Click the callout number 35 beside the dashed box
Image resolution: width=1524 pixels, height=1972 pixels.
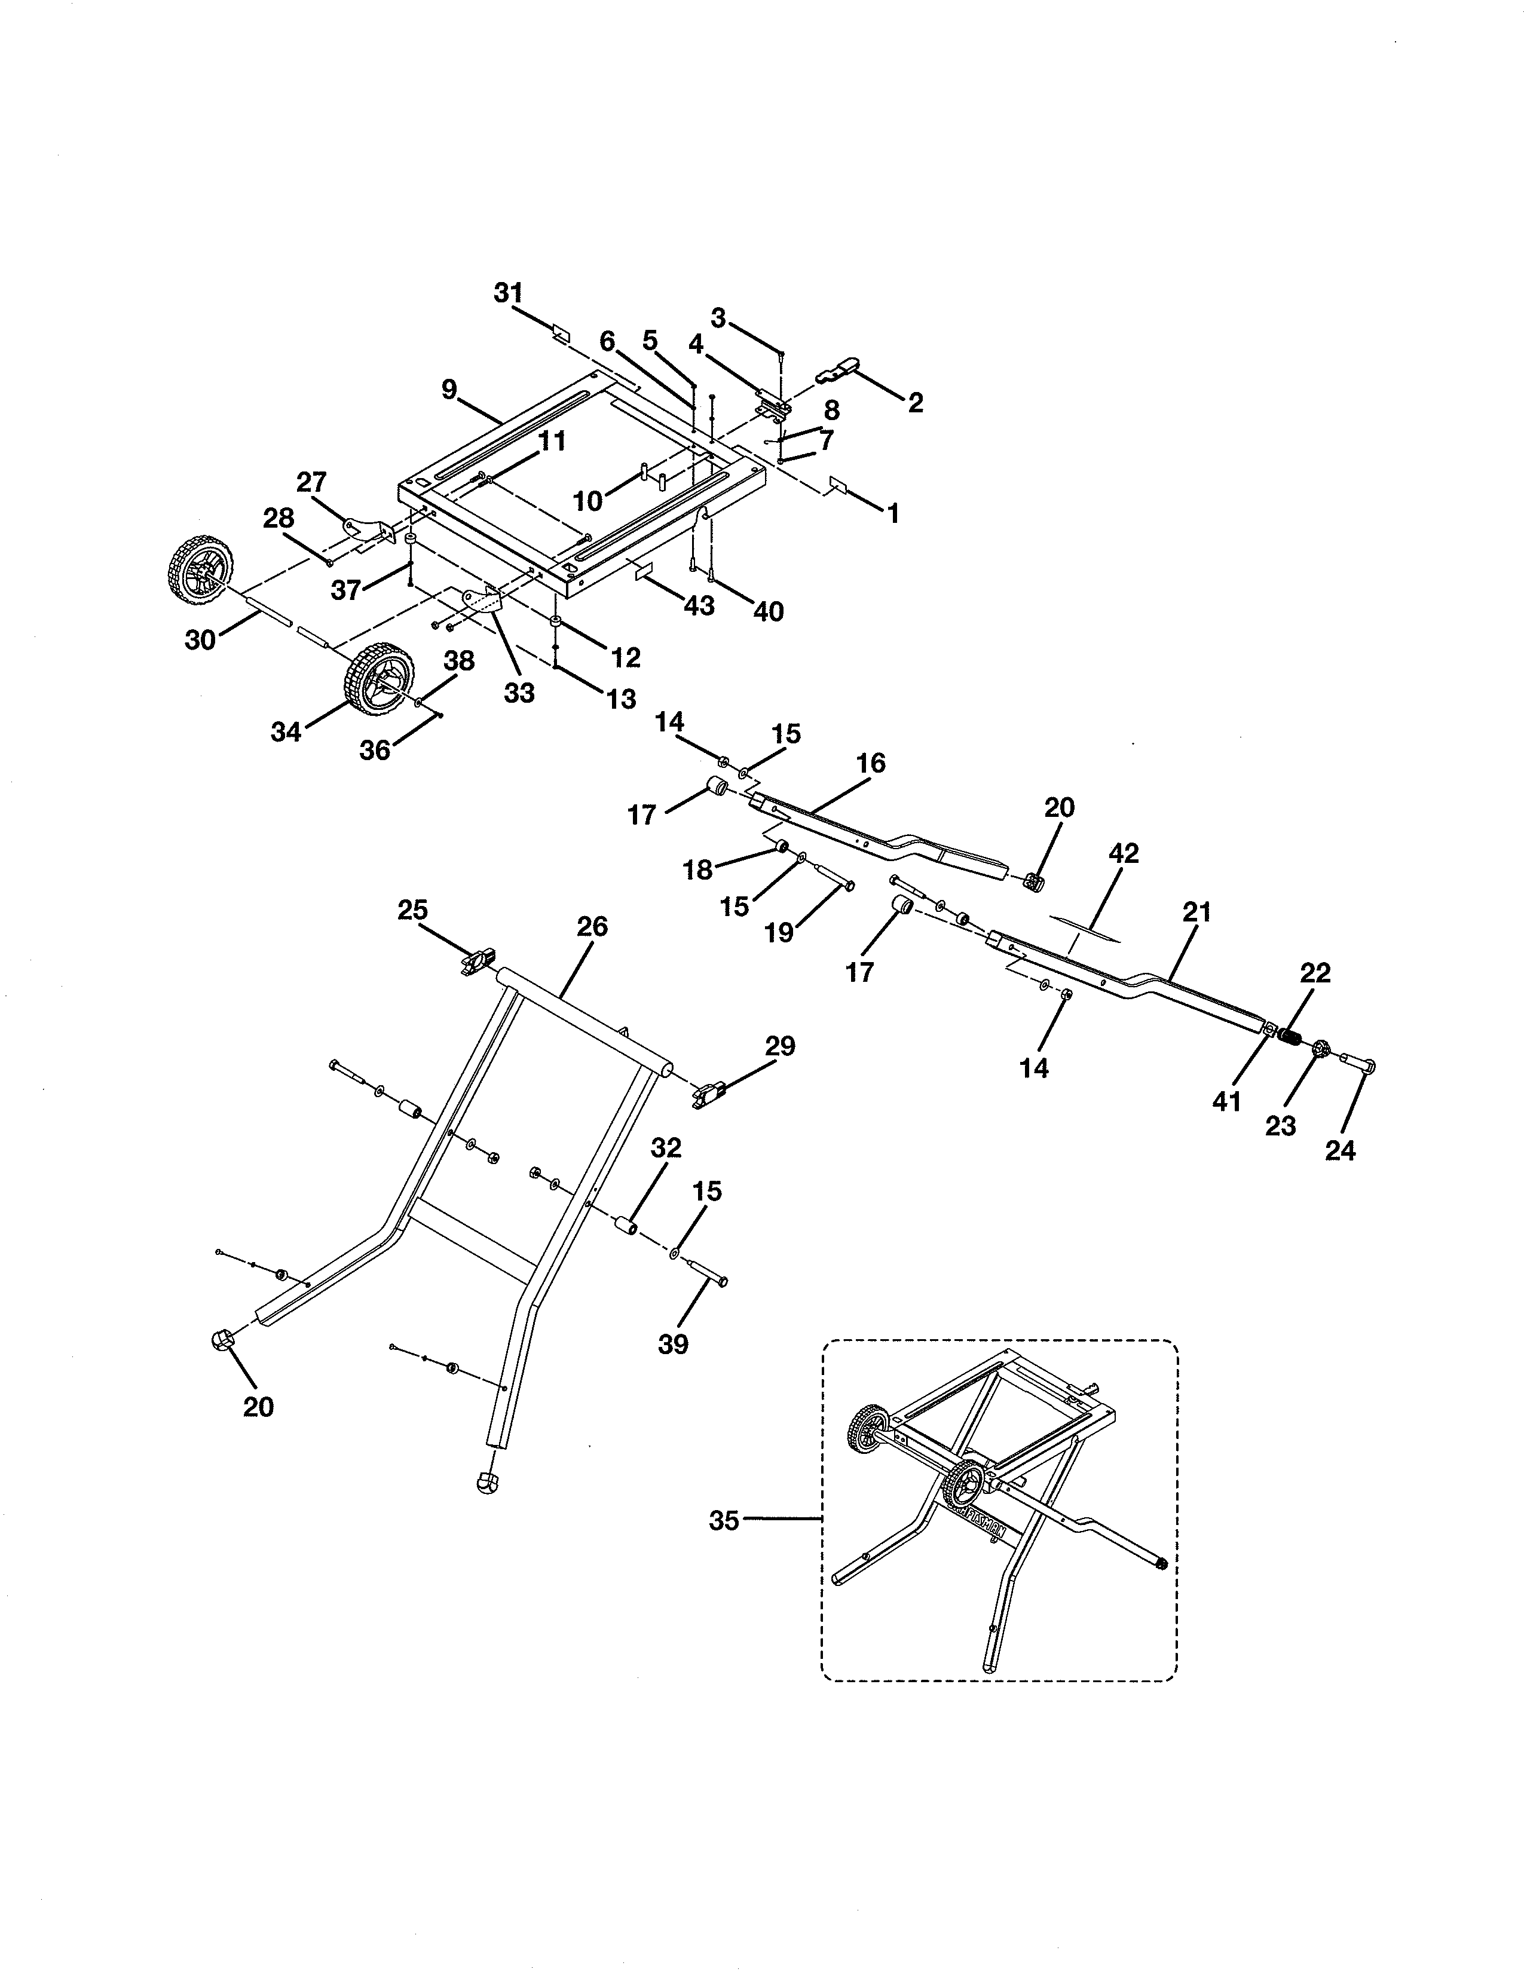(x=724, y=1521)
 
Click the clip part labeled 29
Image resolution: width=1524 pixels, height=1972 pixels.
(x=713, y=1094)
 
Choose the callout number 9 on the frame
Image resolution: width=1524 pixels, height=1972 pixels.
(x=449, y=390)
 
